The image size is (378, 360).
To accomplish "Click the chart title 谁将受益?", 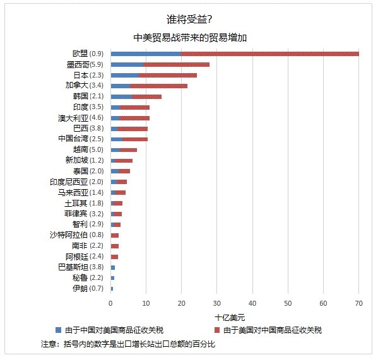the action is point(189,20).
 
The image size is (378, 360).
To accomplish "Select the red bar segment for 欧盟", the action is point(269,54).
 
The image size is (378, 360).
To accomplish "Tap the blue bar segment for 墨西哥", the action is point(127,64).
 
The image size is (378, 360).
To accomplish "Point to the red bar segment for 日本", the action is point(168,76).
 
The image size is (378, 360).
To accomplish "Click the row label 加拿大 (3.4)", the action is point(85,86).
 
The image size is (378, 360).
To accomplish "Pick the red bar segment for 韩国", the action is point(146,96).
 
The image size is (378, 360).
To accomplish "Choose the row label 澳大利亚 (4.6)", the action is point(81,118).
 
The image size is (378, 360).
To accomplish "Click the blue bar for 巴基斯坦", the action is point(113,267).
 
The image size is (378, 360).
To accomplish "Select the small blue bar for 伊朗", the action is point(112,289).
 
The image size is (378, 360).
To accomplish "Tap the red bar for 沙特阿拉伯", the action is point(115,236).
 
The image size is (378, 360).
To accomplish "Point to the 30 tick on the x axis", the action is point(217,303).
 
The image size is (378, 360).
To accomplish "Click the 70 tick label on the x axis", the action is point(358,303).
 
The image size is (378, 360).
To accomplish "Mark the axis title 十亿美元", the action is point(230,318).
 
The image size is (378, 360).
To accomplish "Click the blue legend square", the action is point(58,330).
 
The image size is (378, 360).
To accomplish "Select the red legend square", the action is point(217,330).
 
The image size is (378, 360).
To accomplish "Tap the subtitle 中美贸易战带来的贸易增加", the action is point(190,38).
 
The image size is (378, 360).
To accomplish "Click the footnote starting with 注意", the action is point(128,344).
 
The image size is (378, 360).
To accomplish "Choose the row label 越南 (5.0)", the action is point(88,149).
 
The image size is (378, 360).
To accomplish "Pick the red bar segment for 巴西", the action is point(133,129).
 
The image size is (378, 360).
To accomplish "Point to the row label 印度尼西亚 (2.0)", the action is point(76,182).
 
